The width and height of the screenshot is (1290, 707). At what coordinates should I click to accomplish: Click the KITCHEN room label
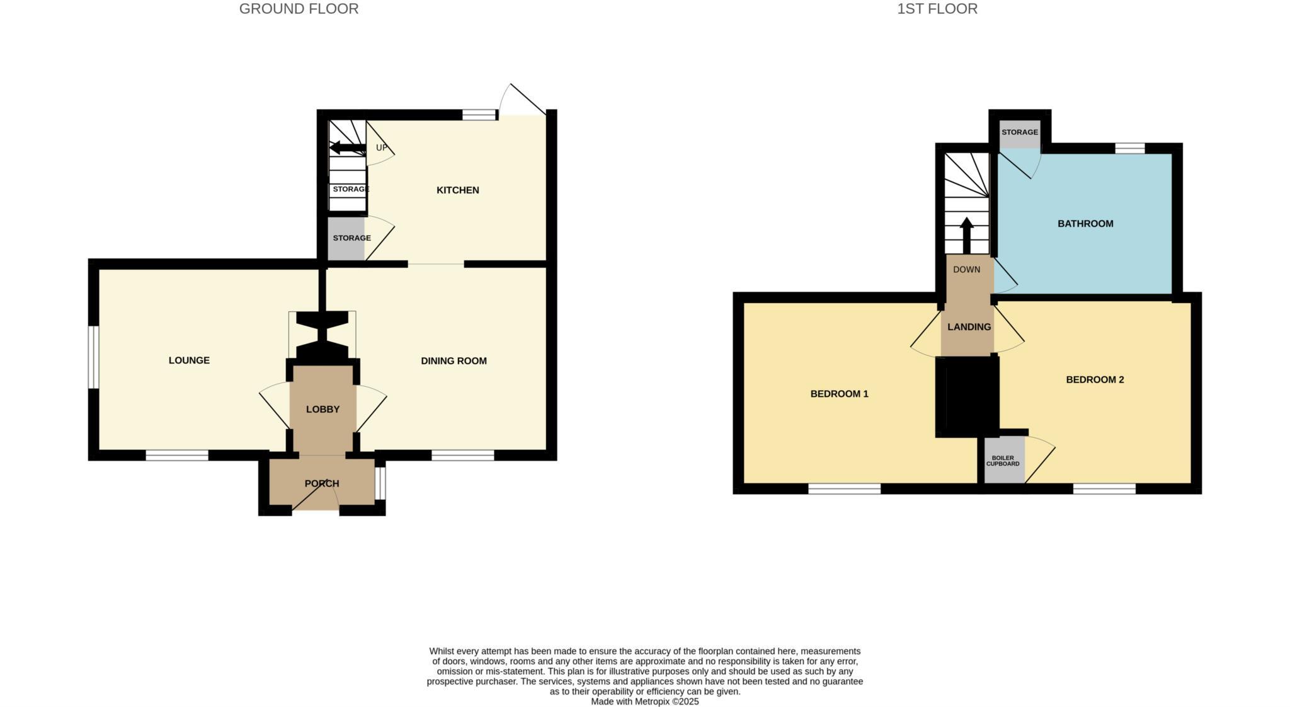pyautogui.click(x=458, y=190)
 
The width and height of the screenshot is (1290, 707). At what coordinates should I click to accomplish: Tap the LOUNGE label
pyautogui.click(x=189, y=360)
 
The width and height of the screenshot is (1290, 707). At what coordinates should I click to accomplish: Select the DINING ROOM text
pyautogui.click(x=454, y=361)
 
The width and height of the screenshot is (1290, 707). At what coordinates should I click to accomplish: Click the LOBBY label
pyautogui.click(x=322, y=410)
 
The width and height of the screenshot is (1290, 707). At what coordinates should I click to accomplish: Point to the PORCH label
pyautogui.click(x=322, y=484)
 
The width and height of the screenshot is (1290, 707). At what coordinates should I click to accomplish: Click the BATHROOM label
pyautogui.click(x=1085, y=224)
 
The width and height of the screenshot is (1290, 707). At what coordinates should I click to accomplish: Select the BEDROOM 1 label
pyautogui.click(x=839, y=394)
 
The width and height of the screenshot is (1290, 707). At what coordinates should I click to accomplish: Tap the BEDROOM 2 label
pyautogui.click(x=1095, y=380)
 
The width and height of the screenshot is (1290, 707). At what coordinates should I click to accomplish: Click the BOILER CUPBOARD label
pyautogui.click(x=1003, y=461)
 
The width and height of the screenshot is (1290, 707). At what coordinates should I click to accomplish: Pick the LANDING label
pyautogui.click(x=969, y=327)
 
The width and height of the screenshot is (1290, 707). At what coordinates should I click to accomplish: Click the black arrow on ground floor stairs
pyautogui.click(x=346, y=148)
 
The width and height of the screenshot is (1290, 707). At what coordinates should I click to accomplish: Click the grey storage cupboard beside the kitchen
pyautogui.click(x=346, y=238)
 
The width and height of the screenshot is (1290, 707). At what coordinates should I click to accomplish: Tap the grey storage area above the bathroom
pyautogui.click(x=1020, y=133)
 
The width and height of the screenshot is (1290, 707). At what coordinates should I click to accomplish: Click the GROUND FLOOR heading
pyautogui.click(x=299, y=9)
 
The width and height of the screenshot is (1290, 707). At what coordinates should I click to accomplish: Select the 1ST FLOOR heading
pyautogui.click(x=937, y=9)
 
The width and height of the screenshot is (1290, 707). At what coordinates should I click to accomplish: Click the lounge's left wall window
pyautogui.click(x=93, y=357)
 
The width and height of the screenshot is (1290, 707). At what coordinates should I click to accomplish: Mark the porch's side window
pyautogui.click(x=380, y=483)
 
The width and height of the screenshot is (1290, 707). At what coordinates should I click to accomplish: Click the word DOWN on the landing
pyautogui.click(x=966, y=270)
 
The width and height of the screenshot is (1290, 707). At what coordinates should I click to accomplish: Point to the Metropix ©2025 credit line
pyautogui.click(x=644, y=701)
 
